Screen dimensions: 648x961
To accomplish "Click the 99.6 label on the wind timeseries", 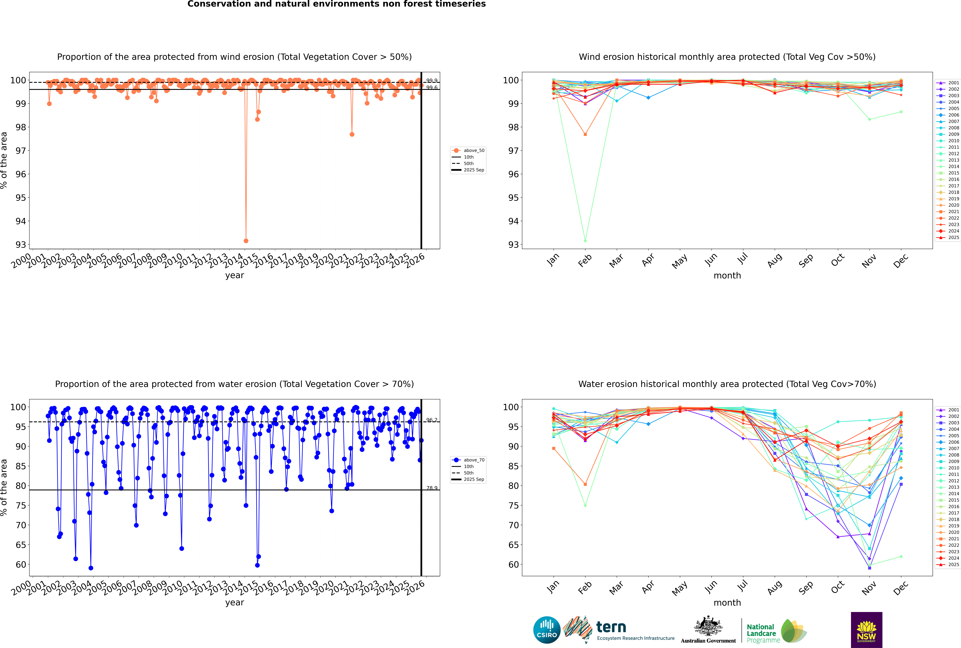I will [x=432, y=88].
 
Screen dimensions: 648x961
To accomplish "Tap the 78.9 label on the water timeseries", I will [x=432, y=488].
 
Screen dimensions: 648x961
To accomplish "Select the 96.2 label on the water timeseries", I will [x=432, y=420].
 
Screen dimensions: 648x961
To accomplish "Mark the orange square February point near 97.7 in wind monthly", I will [x=585, y=134].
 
